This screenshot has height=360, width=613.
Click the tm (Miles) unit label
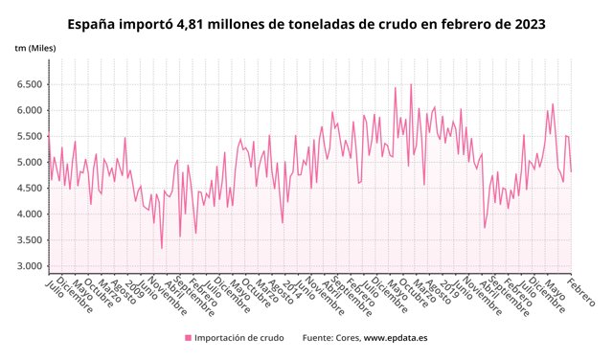point(35,48)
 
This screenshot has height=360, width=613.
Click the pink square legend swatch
point(188,338)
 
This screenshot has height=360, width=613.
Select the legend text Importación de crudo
point(238,338)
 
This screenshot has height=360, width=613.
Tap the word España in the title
point(95,22)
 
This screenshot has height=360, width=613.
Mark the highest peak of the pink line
point(411,84)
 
